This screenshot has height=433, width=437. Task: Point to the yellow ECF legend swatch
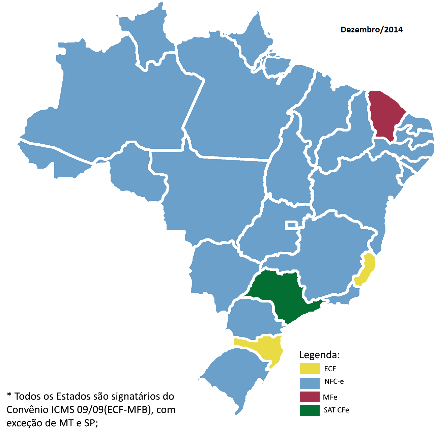tap(310, 369)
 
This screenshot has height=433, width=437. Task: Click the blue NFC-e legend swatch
tap(310, 383)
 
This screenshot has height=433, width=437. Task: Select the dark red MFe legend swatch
tap(310, 397)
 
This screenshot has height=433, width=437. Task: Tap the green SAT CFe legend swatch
tap(310, 410)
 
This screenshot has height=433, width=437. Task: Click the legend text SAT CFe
tap(336, 410)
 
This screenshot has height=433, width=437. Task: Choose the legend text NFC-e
tap(334, 381)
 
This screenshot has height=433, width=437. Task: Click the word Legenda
tap(319, 355)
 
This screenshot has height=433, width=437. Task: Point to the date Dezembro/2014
tap(372, 30)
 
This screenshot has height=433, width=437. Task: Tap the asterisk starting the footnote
tap(9, 395)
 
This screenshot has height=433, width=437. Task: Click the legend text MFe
tap(330, 397)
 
